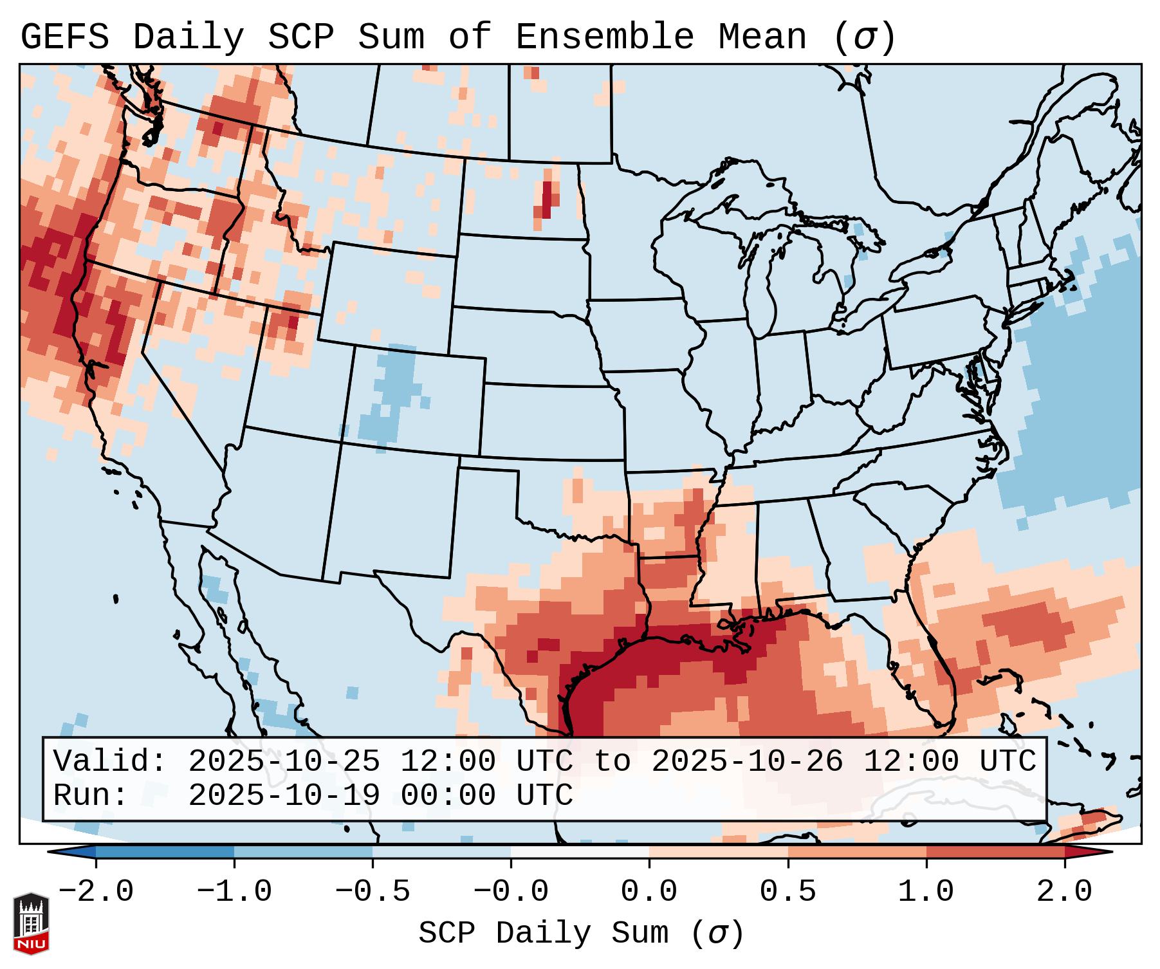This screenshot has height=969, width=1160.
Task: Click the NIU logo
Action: click(x=31, y=923)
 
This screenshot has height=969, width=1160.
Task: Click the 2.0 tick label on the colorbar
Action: click(x=1064, y=892)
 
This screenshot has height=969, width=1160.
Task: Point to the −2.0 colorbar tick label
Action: click(x=96, y=892)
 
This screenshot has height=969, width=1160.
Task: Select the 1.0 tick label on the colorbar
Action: click(x=926, y=892)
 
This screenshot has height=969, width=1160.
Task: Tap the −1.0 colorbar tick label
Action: click(x=234, y=892)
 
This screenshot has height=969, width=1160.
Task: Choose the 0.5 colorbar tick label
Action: click(x=787, y=892)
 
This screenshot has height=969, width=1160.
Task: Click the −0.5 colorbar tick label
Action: click(x=373, y=892)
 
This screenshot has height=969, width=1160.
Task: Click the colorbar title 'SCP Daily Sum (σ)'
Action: click(x=581, y=933)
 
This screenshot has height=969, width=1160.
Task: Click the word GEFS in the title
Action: click(x=64, y=37)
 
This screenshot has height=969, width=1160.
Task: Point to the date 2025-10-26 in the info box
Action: click(x=747, y=761)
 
